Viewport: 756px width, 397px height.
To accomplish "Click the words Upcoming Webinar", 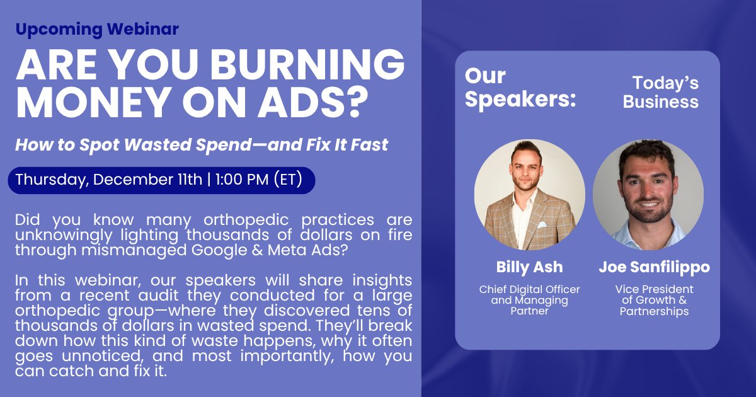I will (x=97, y=29).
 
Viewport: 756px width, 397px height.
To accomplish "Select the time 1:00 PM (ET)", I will (x=258, y=180).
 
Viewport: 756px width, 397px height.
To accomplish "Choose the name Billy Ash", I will (x=530, y=267).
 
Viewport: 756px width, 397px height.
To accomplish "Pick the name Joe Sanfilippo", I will (x=654, y=267).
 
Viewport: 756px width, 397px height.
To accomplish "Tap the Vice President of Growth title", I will (x=654, y=300).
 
